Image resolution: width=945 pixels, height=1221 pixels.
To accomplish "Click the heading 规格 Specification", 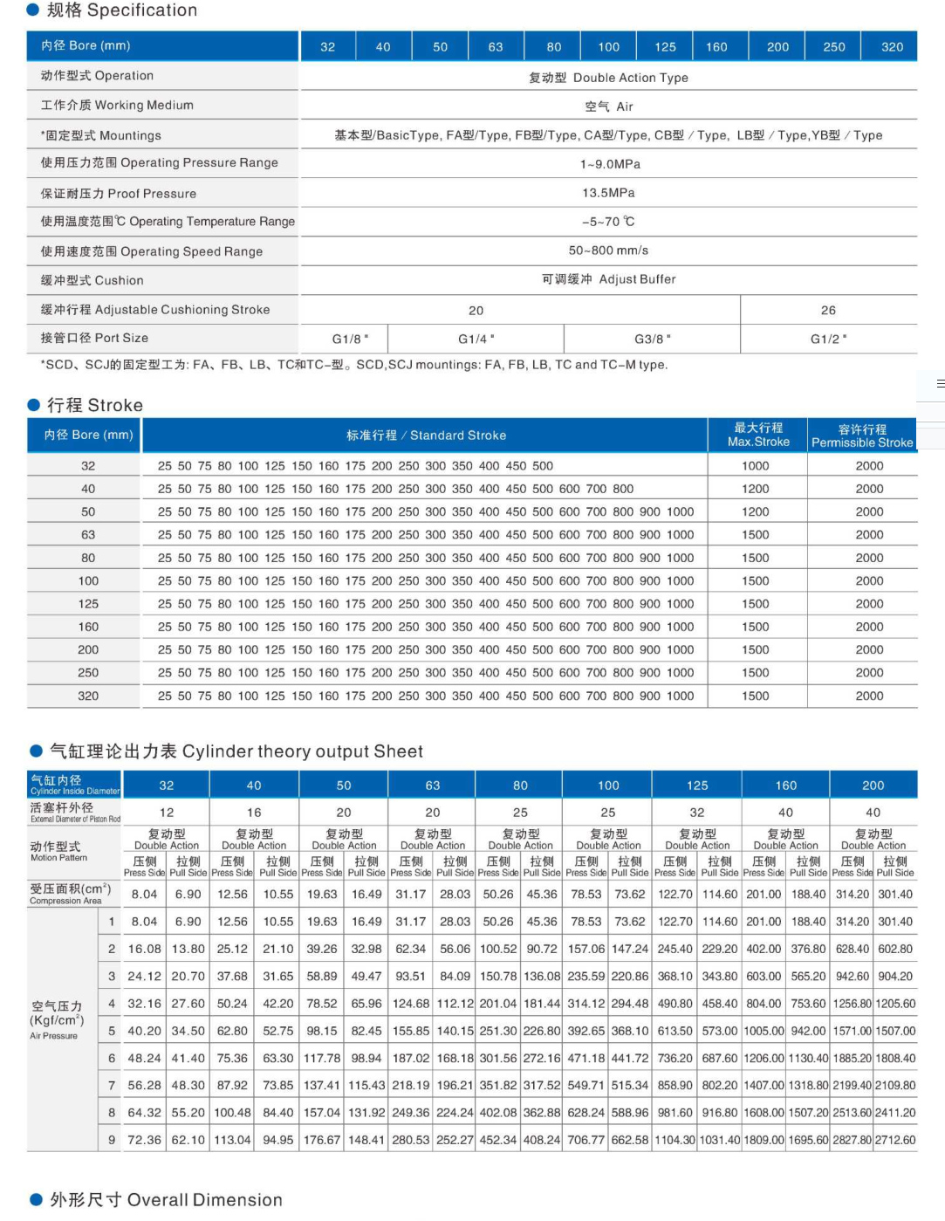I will tap(121, 10).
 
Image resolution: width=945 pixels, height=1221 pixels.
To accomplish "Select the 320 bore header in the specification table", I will tap(892, 47).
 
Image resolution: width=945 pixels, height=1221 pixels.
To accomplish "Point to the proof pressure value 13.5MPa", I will tap(608, 193).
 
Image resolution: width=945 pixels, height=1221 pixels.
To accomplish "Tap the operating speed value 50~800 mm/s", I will tap(608, 250).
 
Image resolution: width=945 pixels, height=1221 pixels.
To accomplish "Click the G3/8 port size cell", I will tap(652, 339).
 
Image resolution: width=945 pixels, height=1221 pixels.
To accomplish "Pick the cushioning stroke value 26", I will tap(828, 310).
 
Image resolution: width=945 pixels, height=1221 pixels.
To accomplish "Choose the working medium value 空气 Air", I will tap(608, 106).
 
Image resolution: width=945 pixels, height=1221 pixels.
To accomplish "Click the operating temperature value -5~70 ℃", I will tap(608, 222).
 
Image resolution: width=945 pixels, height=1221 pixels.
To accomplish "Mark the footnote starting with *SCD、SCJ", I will tap(353, 365).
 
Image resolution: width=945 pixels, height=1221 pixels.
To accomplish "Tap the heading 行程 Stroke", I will tap(94, 405).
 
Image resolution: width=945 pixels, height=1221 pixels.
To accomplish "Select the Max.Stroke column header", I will tap(758, 435).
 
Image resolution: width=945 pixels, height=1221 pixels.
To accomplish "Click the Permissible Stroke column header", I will tap(862, 436).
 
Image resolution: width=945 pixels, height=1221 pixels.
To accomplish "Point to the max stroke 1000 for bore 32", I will tap(756, 466).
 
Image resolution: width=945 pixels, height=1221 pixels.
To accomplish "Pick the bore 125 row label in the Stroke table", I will tap(88, 604).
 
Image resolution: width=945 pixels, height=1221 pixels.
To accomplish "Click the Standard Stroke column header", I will tap(426, 436).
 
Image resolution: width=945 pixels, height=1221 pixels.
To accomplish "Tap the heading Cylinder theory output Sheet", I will tap(236, 751).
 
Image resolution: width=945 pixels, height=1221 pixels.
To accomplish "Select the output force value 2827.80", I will tap(852, 1140).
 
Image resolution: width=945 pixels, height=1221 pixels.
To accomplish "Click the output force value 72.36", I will tap(144, 1140).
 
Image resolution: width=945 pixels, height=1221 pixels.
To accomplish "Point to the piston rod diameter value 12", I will tap(167, 813).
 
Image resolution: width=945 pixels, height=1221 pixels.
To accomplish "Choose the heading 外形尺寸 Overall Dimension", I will tap(166, 1200).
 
